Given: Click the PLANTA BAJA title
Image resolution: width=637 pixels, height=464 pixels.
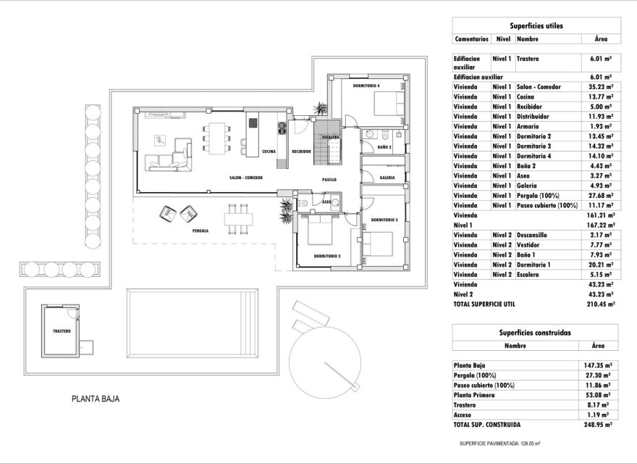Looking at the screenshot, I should coord(95,399).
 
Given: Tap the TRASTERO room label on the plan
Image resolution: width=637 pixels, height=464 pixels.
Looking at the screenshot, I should coord(62,331).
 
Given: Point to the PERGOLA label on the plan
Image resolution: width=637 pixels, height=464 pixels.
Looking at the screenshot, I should coord(201,231).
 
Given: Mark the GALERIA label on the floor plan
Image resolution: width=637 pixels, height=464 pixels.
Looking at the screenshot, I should coord(387,177).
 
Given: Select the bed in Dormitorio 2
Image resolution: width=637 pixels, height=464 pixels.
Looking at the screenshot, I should coord(316,233).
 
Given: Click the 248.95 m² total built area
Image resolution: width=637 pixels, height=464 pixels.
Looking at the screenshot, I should coord(600,425).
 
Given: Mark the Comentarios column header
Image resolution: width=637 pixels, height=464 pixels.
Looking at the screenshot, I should coord(471,38).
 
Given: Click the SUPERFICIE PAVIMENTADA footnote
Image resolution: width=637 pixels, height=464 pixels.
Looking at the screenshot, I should coord(500,442).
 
